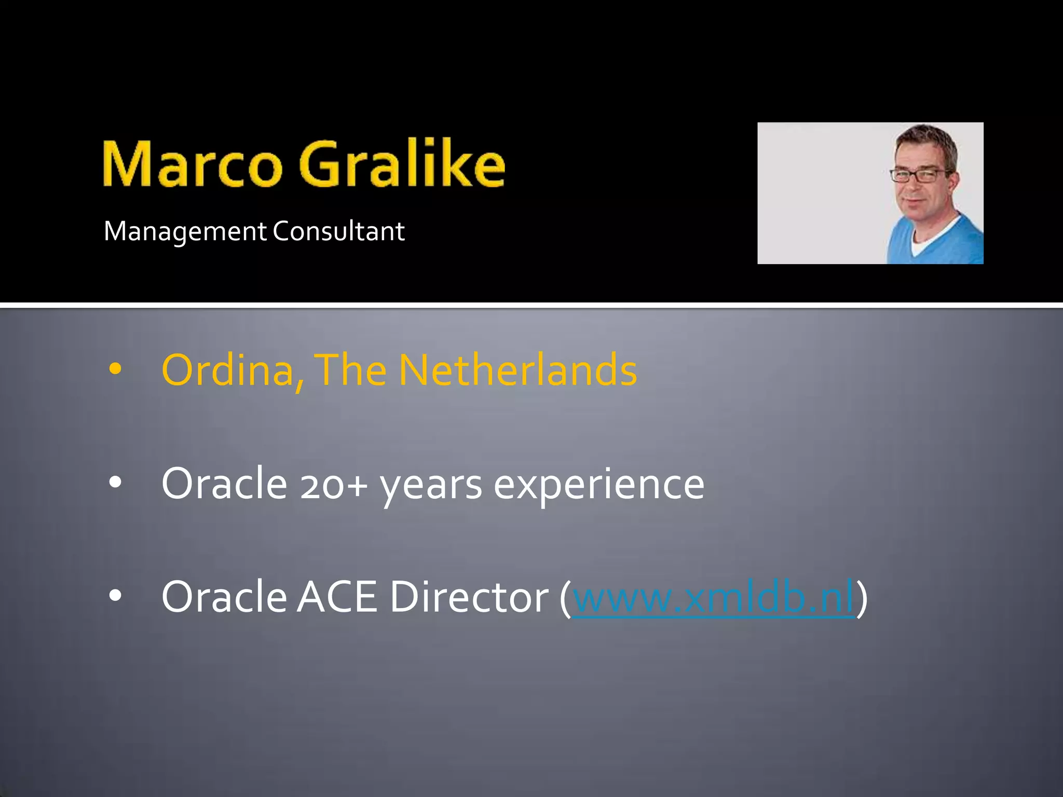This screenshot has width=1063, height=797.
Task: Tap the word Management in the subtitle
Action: coord(185,231)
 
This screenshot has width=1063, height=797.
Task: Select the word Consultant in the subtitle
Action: coord(338,231)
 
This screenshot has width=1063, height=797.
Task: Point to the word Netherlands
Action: coord(517,370)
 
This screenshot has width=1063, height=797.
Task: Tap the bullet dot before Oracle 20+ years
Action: coord(115,483)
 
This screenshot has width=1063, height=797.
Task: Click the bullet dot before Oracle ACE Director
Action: coord(115,596)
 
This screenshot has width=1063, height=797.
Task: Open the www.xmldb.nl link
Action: coord(713,597)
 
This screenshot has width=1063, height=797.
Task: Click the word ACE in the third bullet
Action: coord(337,597)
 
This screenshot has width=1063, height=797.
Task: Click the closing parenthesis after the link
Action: coord(862,598)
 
